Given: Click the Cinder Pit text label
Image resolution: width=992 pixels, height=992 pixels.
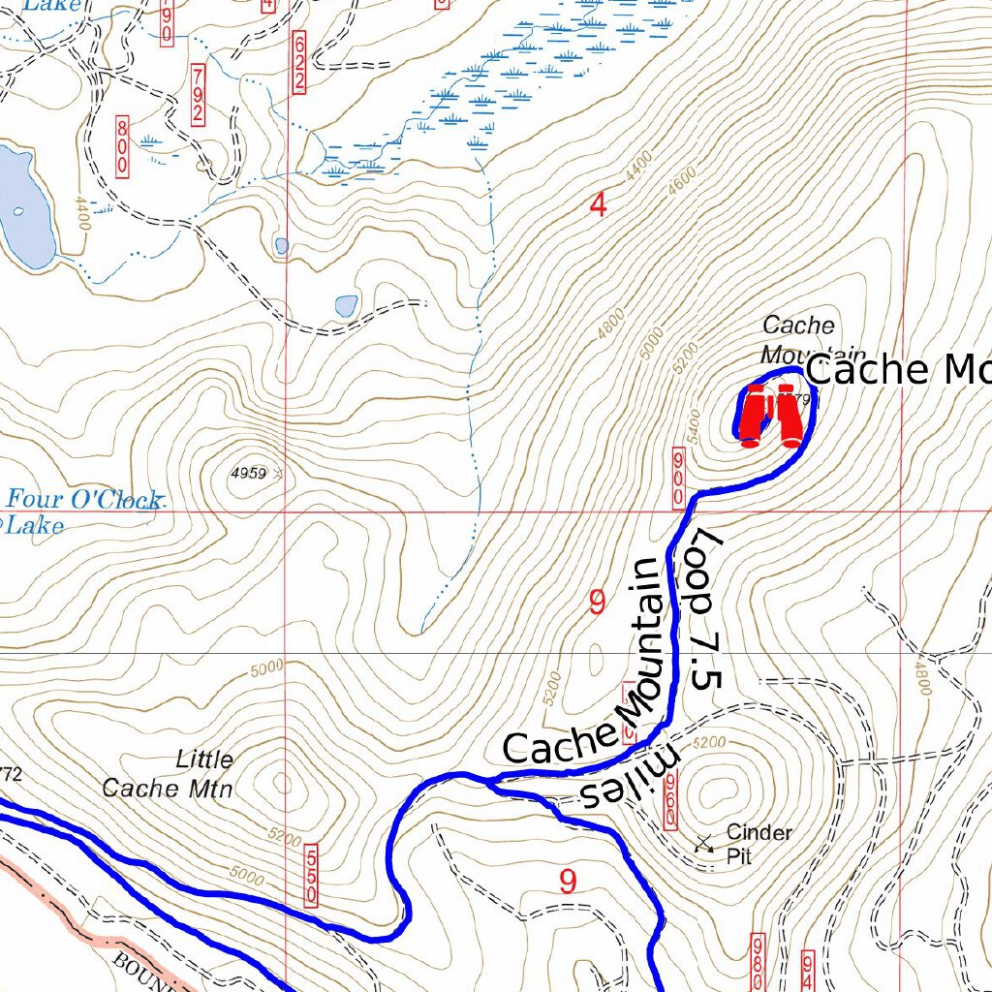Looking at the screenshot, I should (x=759, y=844).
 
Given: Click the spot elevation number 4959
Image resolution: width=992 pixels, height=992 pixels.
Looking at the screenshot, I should (x=249, y=473).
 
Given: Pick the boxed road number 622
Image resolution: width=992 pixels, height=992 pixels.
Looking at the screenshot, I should (x=298, y=62).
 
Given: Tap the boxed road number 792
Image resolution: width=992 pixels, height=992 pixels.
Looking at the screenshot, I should (x=198, y=95).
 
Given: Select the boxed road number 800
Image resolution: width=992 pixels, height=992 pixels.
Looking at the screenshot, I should (x=123, y=145).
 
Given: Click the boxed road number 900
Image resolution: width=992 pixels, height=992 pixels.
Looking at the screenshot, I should (x=679, y=476).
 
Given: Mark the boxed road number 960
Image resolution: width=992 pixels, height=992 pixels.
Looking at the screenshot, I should (x=669, y=797).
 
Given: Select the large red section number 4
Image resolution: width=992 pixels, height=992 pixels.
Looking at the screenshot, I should (x=598, y=205).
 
